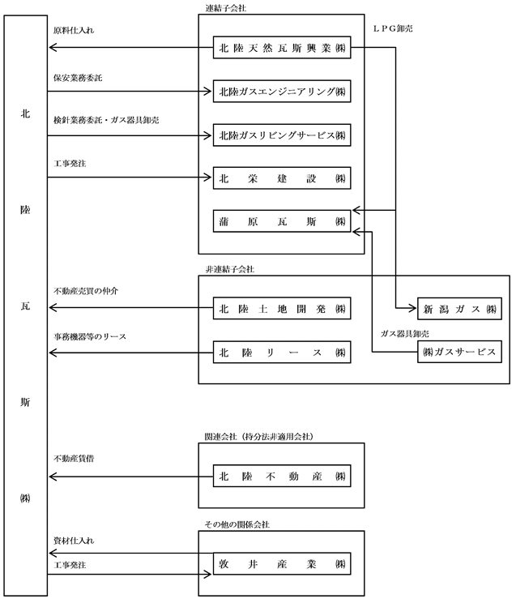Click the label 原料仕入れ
(74, 30)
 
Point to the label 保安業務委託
(78, 78)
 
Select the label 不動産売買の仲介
(86, 291)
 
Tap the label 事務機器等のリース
(90, 337)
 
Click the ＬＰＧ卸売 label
(393, 29)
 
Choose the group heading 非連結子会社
(230, 270)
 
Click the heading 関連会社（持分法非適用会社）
(258, 437)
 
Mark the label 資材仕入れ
(74, 541)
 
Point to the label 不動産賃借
(74, 459)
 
